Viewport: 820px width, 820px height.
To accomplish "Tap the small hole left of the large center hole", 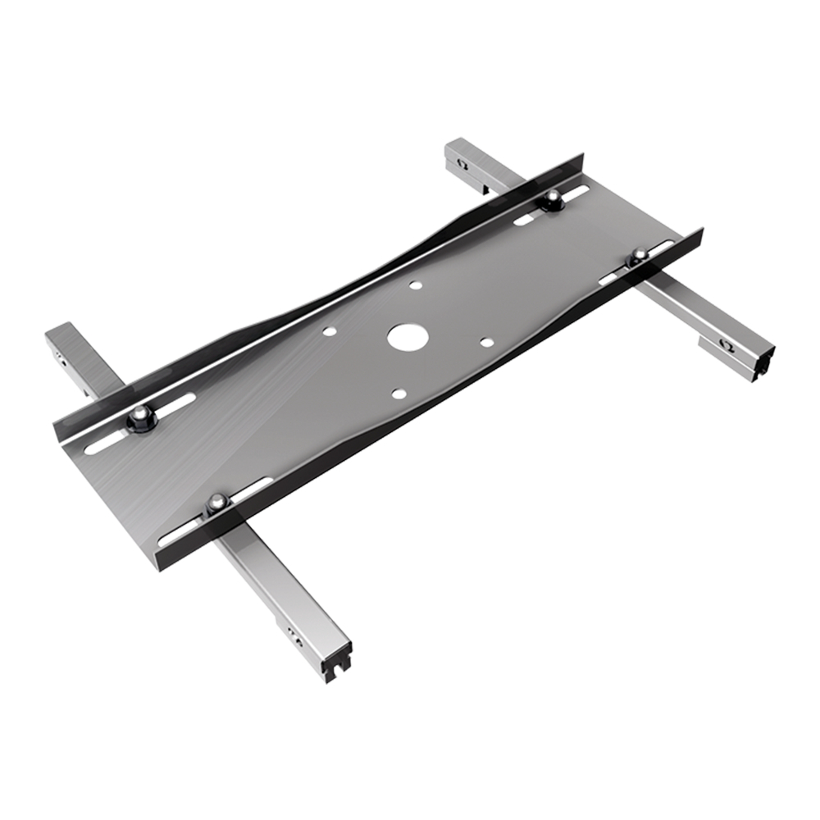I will pos(329,333).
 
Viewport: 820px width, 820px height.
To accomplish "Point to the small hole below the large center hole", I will pos(398,394).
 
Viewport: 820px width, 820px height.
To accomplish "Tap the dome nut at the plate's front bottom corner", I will pos(216,501).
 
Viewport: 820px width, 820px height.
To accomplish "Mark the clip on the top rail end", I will pos(462,164).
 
